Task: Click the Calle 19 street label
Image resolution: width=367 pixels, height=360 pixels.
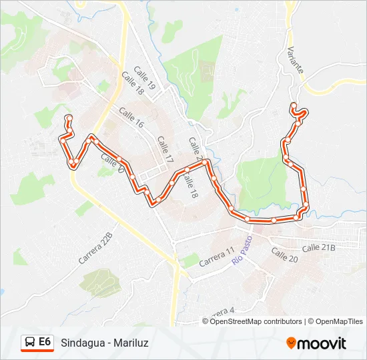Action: [144, 77]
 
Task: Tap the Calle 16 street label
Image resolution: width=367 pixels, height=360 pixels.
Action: [131, 118]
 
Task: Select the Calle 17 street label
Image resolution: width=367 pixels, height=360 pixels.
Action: [165, 150]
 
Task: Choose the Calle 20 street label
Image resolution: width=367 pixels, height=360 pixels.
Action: [284, 256]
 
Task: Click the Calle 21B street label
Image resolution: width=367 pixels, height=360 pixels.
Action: [318, 247]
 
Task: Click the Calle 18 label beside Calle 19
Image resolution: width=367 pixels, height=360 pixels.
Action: [132, 84]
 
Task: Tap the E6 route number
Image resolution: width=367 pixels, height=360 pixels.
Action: [45, 342]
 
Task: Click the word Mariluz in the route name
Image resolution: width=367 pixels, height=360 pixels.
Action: [131, 343]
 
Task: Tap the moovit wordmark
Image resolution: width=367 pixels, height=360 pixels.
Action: [322, 343]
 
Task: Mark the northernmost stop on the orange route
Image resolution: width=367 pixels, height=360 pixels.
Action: [293, 105]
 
